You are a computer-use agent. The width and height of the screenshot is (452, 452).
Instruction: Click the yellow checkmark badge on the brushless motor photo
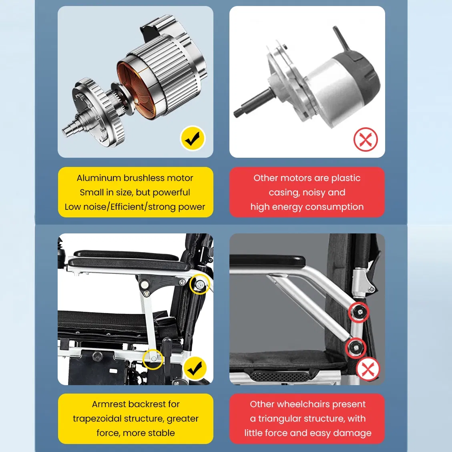point(193,139)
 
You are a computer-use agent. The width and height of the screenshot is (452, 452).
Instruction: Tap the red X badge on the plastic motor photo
point(366,139)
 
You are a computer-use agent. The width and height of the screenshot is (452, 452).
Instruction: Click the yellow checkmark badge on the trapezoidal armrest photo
point(195,368)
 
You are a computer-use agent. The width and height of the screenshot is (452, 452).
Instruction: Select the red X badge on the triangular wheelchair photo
point(368,369)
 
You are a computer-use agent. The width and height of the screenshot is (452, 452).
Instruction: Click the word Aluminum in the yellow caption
point(98,178)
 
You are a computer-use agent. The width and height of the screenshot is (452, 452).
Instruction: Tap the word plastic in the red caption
point(346,178)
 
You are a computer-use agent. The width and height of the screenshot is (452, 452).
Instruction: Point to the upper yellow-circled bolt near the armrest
point(199,285)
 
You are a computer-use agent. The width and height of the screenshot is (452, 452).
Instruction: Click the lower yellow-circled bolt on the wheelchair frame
point(153,359)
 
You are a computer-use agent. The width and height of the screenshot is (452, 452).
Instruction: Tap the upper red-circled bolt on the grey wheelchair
point(359,312)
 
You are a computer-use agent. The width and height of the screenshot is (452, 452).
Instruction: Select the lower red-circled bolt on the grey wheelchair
point(356,348)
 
